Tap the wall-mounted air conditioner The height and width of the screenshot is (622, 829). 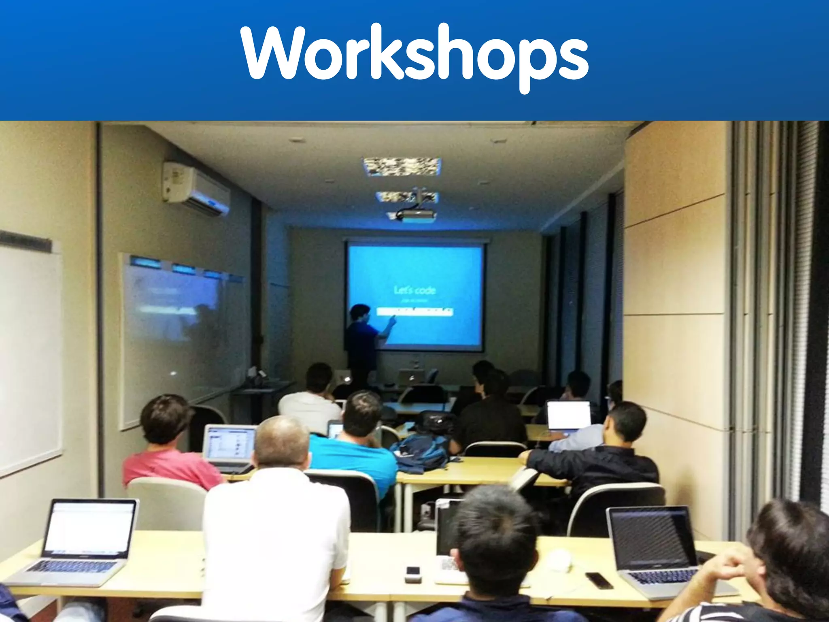pyautogui.click(x=197, y=187)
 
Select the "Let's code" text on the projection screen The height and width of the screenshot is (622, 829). pyautogui.click(x=414, y=290)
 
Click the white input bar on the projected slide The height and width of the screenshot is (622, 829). pyautogui.click(x=414, y=311)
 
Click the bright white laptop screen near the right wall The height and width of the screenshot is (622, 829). pyautogui.click(x=568, y=415)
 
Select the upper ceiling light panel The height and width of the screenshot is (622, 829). pyautogui.click(x=402, y=166)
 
